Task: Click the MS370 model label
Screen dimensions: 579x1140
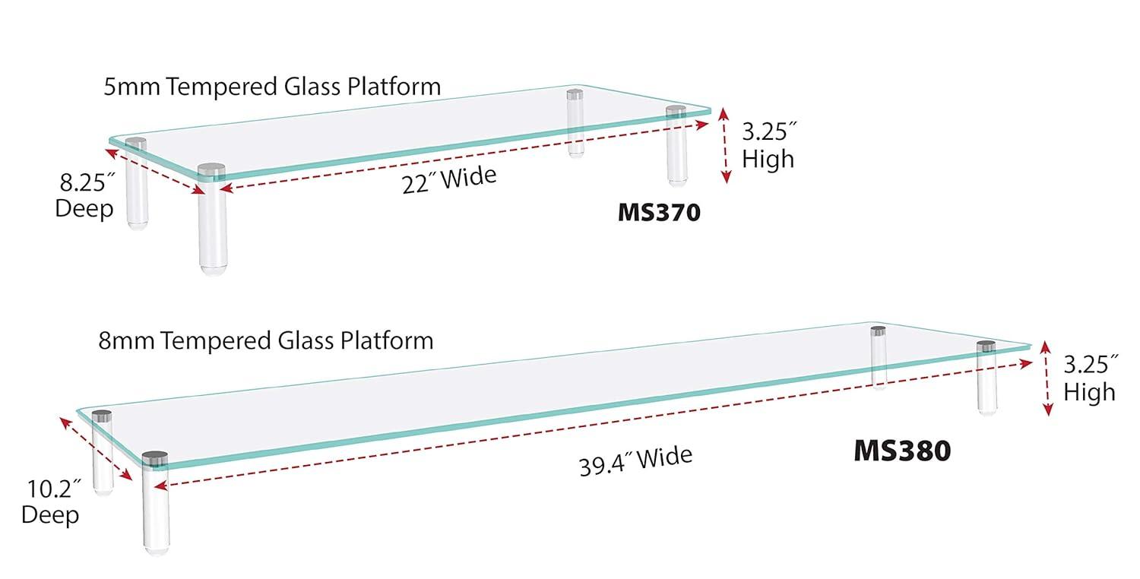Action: (658, 213)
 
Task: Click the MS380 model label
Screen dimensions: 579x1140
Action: (902, 451)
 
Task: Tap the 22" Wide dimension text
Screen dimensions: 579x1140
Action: (449, 180)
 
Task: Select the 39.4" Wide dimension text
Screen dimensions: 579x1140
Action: (635, 461)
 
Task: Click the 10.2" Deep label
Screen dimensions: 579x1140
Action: (51, 501)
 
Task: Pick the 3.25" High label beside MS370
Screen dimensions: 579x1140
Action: (768, 146)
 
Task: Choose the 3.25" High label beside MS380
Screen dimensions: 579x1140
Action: (1089, 378)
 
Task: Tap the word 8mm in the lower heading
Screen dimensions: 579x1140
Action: (127, 340)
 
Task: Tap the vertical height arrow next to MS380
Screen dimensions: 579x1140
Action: (1047, 378)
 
